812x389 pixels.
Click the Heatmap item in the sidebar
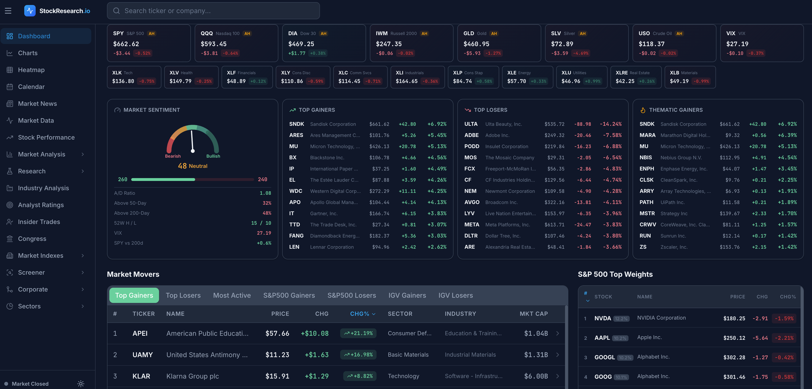tap(31, 70)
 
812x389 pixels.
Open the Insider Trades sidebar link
tap(39, 222)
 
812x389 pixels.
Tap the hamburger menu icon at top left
tap(8, 11)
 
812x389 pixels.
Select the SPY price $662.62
tap(126, 44)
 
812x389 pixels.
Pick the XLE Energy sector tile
tap(527, 77)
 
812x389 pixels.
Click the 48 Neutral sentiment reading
tap(192, 166)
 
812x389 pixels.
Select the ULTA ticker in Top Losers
tap(471, 124)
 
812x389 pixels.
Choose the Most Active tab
tap(232, 295)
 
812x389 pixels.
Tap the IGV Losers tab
tap(455, 295)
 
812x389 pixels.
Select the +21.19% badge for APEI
tap(358, 333)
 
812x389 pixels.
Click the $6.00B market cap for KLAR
tap(536, 376)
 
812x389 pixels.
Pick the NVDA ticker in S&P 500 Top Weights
tap(602, 318)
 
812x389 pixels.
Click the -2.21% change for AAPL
tap(784, 338)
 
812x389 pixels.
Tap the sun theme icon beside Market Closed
tap(81, 384)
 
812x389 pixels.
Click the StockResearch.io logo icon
tap(30, 11)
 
